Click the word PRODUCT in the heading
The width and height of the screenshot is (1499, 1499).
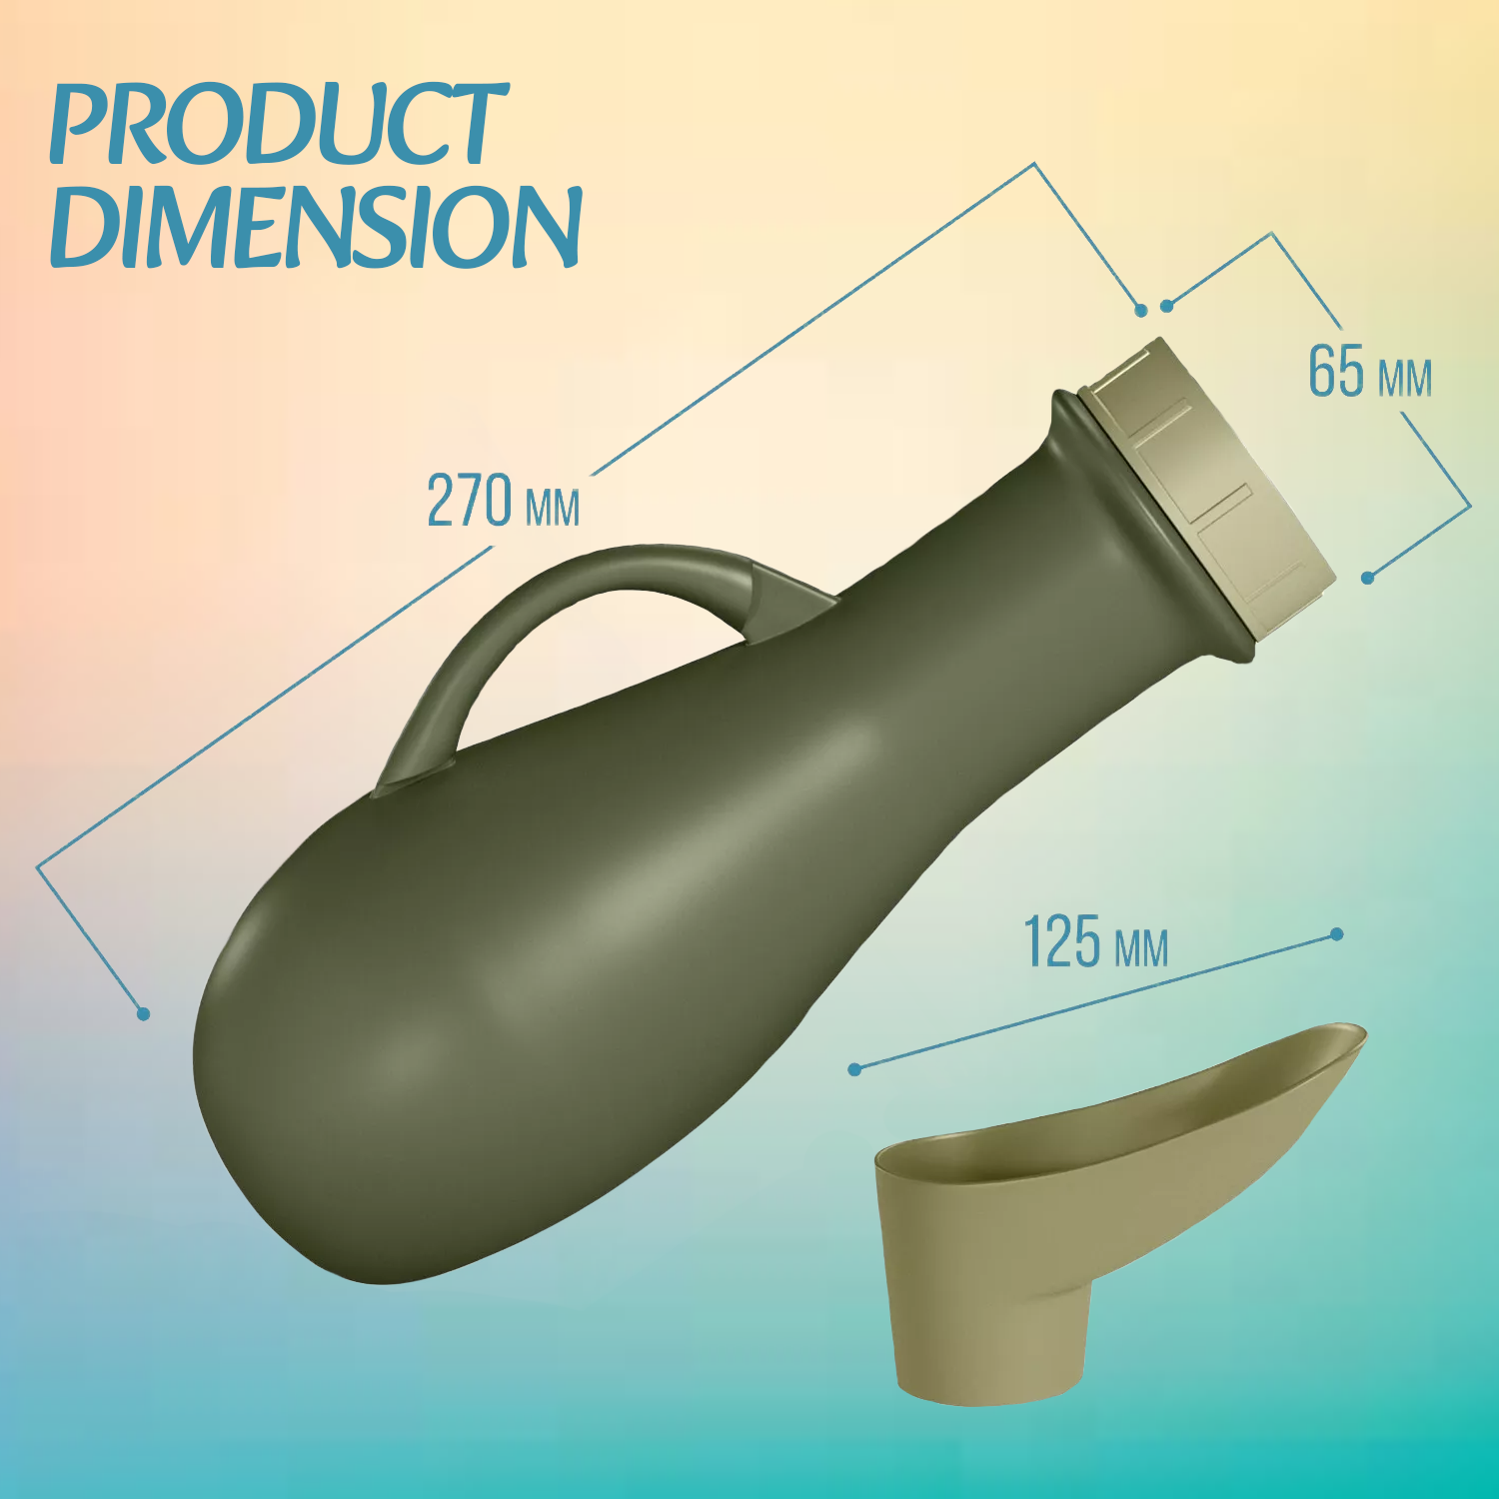[278, 125]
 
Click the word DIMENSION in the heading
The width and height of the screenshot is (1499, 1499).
[315, 228]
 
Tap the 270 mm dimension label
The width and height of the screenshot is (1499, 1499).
[503, 502]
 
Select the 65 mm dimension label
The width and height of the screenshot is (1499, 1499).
[1369, 373]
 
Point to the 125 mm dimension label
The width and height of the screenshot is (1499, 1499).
[1095, 942]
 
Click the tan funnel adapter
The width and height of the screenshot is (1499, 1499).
[1049, 1199]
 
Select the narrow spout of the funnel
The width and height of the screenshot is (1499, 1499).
[989, 1339]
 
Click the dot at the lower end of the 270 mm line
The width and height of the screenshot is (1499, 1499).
[143, 1014]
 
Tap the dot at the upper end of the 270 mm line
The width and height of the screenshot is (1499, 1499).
[1141, 311]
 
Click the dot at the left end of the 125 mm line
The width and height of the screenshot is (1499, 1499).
[854, 1069]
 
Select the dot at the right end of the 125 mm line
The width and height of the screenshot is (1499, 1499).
[1337, 934]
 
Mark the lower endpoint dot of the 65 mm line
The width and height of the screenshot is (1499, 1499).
[1368, 578]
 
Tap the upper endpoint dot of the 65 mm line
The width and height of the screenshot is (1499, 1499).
[1166, 306]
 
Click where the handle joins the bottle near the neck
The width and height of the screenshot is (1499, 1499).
[789, 600]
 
